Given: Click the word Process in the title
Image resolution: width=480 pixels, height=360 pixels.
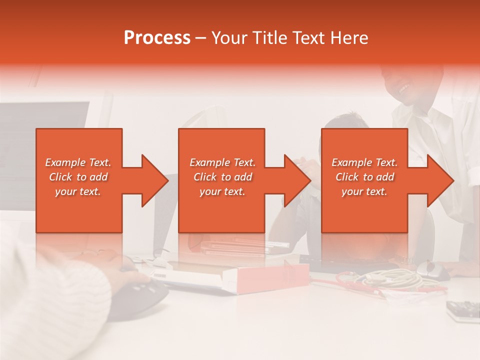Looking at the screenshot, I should tap(157, 38).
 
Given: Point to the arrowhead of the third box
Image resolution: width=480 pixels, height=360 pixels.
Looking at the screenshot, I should tap(438, 180).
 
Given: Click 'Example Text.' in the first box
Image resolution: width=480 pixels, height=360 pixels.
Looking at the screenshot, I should tap(78, 162).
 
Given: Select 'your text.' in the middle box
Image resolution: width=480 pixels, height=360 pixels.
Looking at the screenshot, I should tap(222, 191).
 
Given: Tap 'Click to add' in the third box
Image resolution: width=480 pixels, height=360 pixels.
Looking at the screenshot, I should tap(364, 177).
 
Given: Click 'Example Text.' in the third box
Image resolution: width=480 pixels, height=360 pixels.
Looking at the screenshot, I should tap(364, 162).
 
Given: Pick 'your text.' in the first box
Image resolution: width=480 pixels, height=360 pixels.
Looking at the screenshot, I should tap(78, 191).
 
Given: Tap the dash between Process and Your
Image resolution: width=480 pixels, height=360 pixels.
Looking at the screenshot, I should tap(200, 38).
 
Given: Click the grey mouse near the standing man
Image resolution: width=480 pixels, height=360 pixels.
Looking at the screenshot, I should tap(432, 270).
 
